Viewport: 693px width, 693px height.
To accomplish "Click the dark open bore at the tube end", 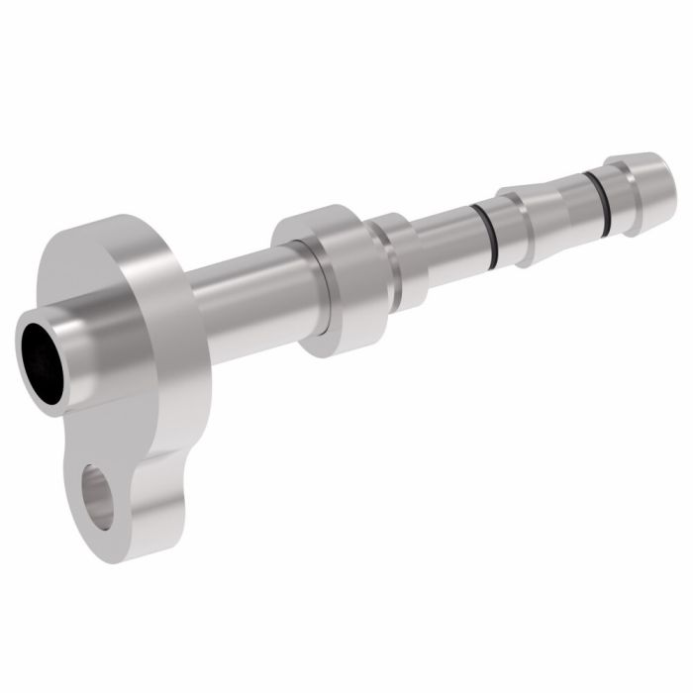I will click(x=40, y=361).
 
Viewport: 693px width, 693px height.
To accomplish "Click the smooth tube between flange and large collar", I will click(x=243, y=297).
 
